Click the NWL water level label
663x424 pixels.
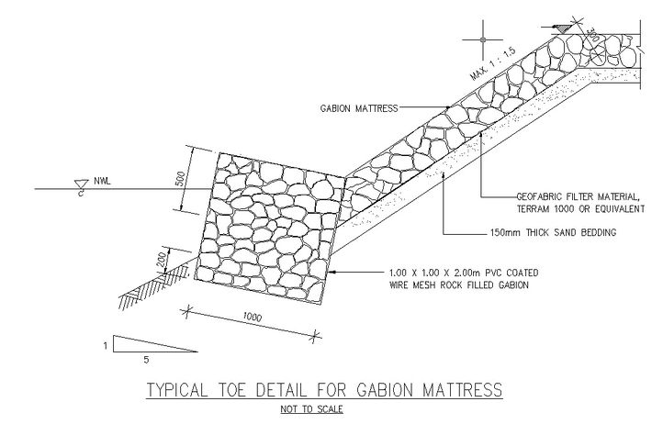(102, 182)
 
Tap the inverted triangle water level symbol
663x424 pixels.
(81, 184)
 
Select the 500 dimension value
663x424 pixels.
(181, 178)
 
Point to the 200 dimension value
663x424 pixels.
(161, 261)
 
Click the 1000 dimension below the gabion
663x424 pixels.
(252, 317)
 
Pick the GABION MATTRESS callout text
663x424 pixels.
(359, 108)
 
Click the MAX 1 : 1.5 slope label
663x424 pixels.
(493, 64)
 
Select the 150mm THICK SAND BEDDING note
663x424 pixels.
(553, 232)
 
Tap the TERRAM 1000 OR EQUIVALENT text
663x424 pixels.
(580, 209)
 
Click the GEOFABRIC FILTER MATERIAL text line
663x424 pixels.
(578, 196)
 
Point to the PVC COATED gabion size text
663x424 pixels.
(464, 273)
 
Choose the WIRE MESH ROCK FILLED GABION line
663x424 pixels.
(459, 285)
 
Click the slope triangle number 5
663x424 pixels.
(146, 360)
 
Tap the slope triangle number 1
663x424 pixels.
(106, 346)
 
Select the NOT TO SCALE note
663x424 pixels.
(311, 409)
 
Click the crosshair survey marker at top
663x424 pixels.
(483, 39)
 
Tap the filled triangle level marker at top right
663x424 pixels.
(562, 28)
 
